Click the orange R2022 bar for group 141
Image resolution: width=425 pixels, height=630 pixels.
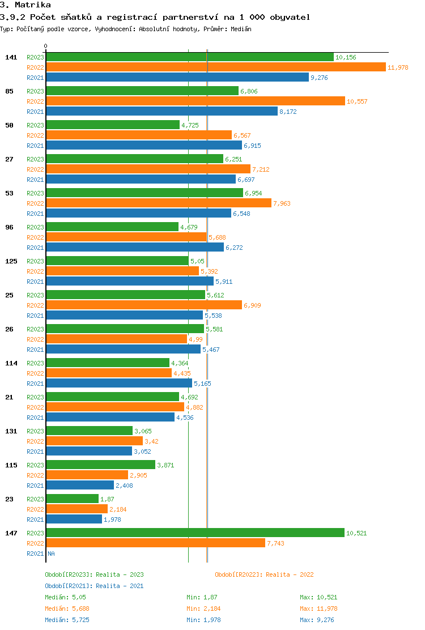click(215, 67)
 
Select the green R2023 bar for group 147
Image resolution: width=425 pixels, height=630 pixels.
click(195, 533)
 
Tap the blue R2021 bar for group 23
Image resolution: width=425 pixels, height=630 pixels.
click(74, 520)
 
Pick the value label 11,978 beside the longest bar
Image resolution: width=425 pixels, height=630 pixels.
click(398, 67)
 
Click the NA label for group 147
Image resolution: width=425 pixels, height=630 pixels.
click(51, 554)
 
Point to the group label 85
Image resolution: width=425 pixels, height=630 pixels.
click(9, 91)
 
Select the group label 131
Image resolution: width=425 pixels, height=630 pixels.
click(11, 431)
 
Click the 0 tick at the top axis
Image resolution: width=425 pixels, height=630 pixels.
click(46, 46)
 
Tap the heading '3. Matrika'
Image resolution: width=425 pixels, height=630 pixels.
click(25, 5)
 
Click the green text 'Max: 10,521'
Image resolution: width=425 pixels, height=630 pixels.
click(318, 597)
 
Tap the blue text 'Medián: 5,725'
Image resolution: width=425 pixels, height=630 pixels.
click(65, 620)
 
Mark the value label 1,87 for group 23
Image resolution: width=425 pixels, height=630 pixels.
click(107, 499)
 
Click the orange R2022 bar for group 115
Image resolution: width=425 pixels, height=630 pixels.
click(87, 475)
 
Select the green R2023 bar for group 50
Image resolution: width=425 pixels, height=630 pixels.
click(112, 125)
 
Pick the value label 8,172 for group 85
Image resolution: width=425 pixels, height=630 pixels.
click(288, 112)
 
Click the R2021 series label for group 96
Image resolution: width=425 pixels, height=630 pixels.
click(35, 248)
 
